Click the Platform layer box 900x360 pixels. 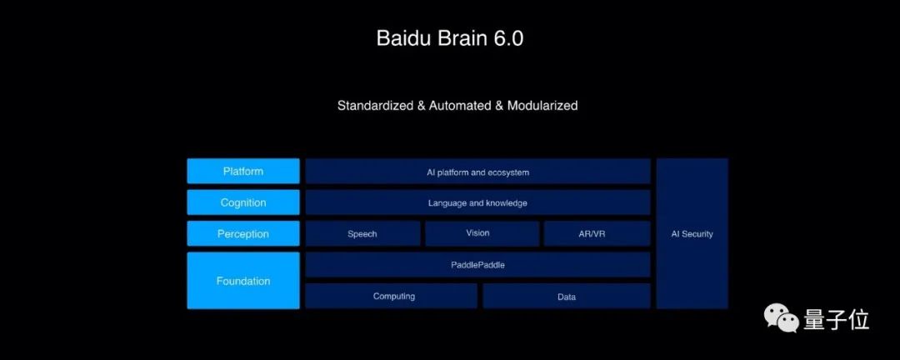coord(242,171)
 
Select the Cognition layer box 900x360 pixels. coord(242,202)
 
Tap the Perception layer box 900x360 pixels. coord(242,234)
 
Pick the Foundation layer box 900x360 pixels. coord(242,281)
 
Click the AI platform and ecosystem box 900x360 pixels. coord(477,172)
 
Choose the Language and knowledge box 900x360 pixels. coord(477,202)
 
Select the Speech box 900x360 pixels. coord(362,233)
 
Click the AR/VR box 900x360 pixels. coord(597,233)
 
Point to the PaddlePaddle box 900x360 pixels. coord(477,265)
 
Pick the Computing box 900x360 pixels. coord(392,296)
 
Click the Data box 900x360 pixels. coord(567,296)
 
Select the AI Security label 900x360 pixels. coord(692,234)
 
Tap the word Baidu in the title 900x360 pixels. coord(402,38)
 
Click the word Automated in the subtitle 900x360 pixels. coord(460,106)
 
